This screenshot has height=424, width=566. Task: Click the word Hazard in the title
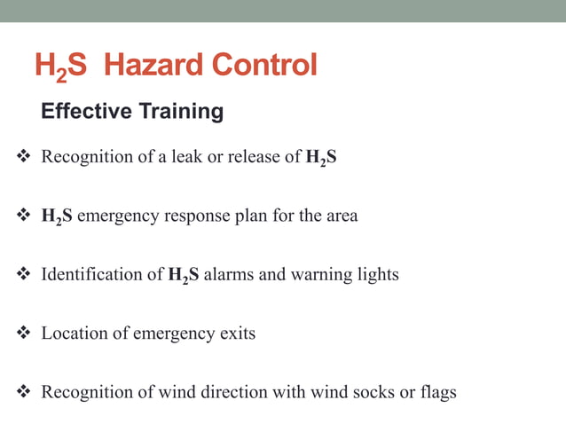152,66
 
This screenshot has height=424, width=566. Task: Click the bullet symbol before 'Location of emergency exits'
24,334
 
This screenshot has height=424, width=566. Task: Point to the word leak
187,158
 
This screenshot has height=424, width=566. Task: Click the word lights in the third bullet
379,275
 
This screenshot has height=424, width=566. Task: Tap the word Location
74,334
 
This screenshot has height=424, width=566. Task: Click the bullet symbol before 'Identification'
24,275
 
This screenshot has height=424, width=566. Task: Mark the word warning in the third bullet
322,275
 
